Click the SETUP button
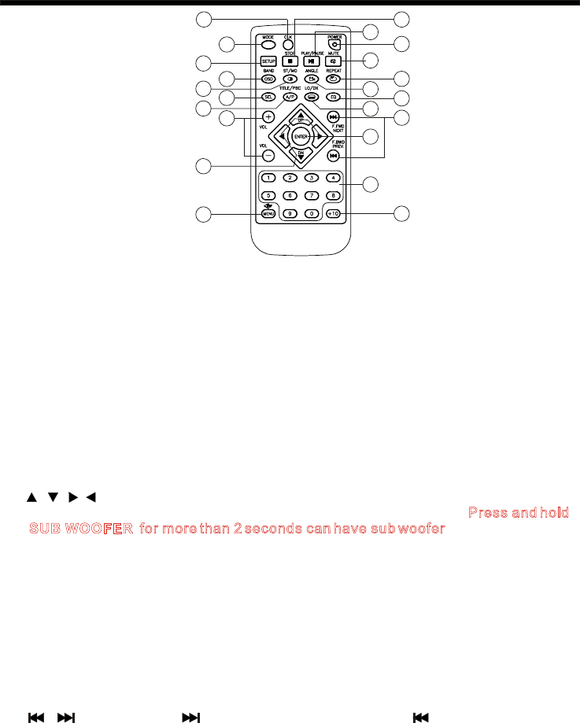tap(268, 61)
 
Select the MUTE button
tap(334, 61)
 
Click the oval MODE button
tap(268, 43)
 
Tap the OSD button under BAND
tap(268, 79)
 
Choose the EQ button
tap(334, 97)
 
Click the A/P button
tap(290, 97)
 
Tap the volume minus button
tap(268, 155)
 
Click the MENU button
tap(268, 213)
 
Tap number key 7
tap(312, 194)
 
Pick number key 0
tap(312, 213)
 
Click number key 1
tap(268, 176)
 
